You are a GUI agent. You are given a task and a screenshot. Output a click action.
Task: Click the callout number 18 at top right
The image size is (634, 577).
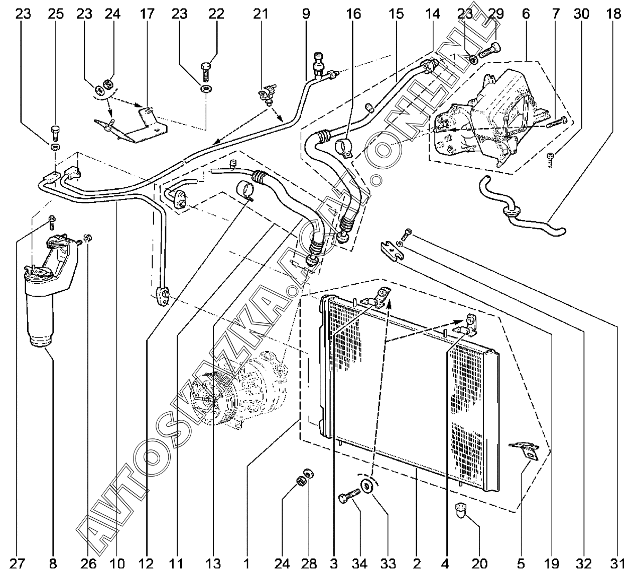click(613, 14)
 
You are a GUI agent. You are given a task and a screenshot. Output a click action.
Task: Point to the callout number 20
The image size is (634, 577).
click(479, 564)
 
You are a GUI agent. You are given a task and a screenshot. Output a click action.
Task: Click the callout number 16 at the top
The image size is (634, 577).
click(353, 14)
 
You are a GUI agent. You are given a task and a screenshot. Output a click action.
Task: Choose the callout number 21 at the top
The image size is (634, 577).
click(261, 14)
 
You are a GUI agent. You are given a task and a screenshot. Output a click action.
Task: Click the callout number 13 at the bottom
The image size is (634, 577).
click(213, 564)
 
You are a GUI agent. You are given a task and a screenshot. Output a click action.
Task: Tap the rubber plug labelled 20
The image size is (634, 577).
click(461, 510)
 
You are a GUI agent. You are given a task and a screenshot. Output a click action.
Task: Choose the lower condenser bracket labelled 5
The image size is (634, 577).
click(525, 449)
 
